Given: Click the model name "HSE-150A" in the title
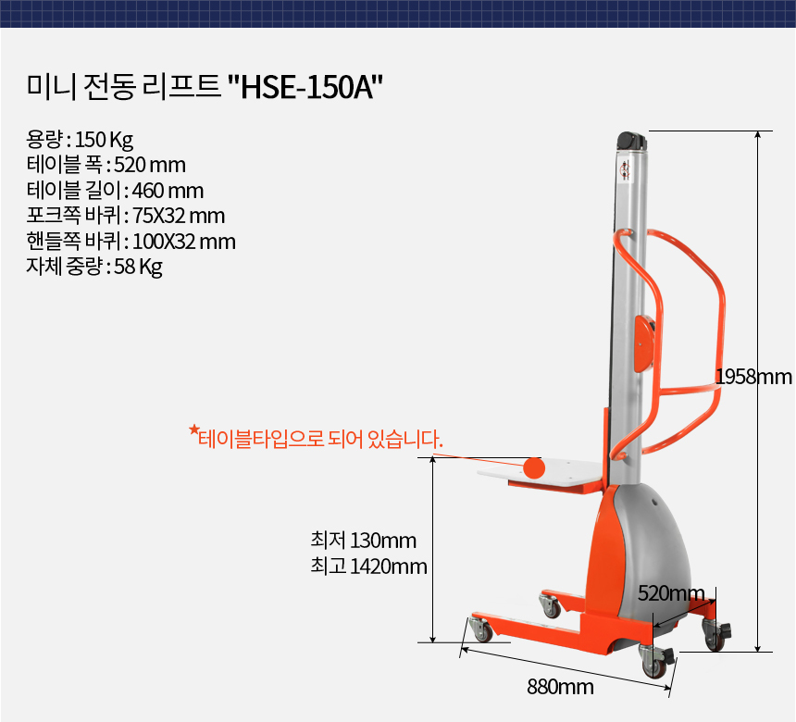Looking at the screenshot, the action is click(312, 87).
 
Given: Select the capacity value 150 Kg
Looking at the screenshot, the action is click(104, 140).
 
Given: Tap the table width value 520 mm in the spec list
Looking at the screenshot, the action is click(150, 165).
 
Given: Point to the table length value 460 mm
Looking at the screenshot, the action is click(168, 191).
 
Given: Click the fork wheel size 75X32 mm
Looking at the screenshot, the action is click(179, 216).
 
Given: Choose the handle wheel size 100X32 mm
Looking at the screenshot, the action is click(184, 242).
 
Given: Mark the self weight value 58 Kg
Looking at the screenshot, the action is click(138, 267).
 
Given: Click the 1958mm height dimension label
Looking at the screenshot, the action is click(753, 377).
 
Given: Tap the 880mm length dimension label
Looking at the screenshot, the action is click(561, 687).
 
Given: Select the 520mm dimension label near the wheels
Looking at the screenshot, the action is click(671, 593).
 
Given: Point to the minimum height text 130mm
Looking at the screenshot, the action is click(383, 541).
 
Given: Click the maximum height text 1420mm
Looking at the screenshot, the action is click(389, 566).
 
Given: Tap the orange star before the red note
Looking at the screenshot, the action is click(193, 429).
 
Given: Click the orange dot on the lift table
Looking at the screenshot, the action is click(534, 467).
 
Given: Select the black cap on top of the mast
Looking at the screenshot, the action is click(632, 140).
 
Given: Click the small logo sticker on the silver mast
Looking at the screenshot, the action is click(626, 169).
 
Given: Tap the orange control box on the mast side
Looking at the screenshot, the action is click(643, 342).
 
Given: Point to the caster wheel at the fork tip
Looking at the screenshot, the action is click(481, 629).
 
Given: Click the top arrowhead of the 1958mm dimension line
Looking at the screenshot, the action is click(757, 134).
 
